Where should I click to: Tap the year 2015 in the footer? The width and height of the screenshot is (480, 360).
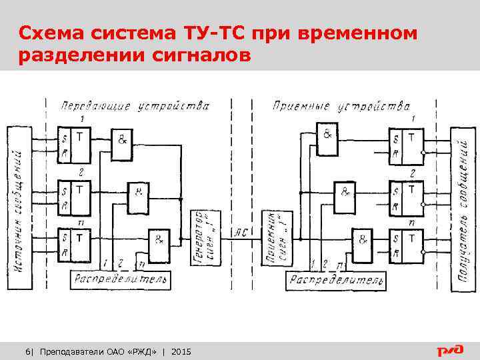click(x=181, y=351)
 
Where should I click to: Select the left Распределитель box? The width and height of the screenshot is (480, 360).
click(x=120, y=279)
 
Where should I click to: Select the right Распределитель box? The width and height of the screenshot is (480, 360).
click(x=336, y=280)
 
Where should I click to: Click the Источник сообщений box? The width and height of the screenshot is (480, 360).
click(x=19, y=207)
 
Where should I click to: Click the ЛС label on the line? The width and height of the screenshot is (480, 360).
click(x=240, y=232)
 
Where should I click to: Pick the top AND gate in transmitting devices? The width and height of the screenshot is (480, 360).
click(x=122, y=143)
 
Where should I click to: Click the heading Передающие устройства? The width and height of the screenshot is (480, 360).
click(x=135, y=106)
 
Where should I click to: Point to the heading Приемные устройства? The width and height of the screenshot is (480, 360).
click(x=341, y=106)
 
